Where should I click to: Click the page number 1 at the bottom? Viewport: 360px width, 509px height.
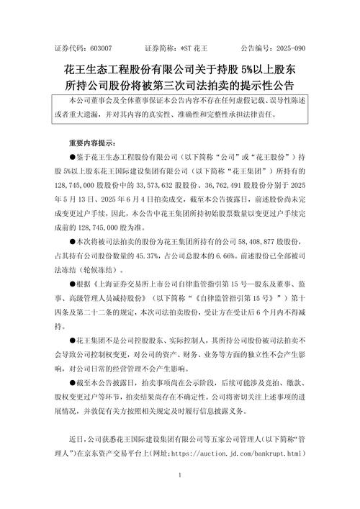tap(180, 475)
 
